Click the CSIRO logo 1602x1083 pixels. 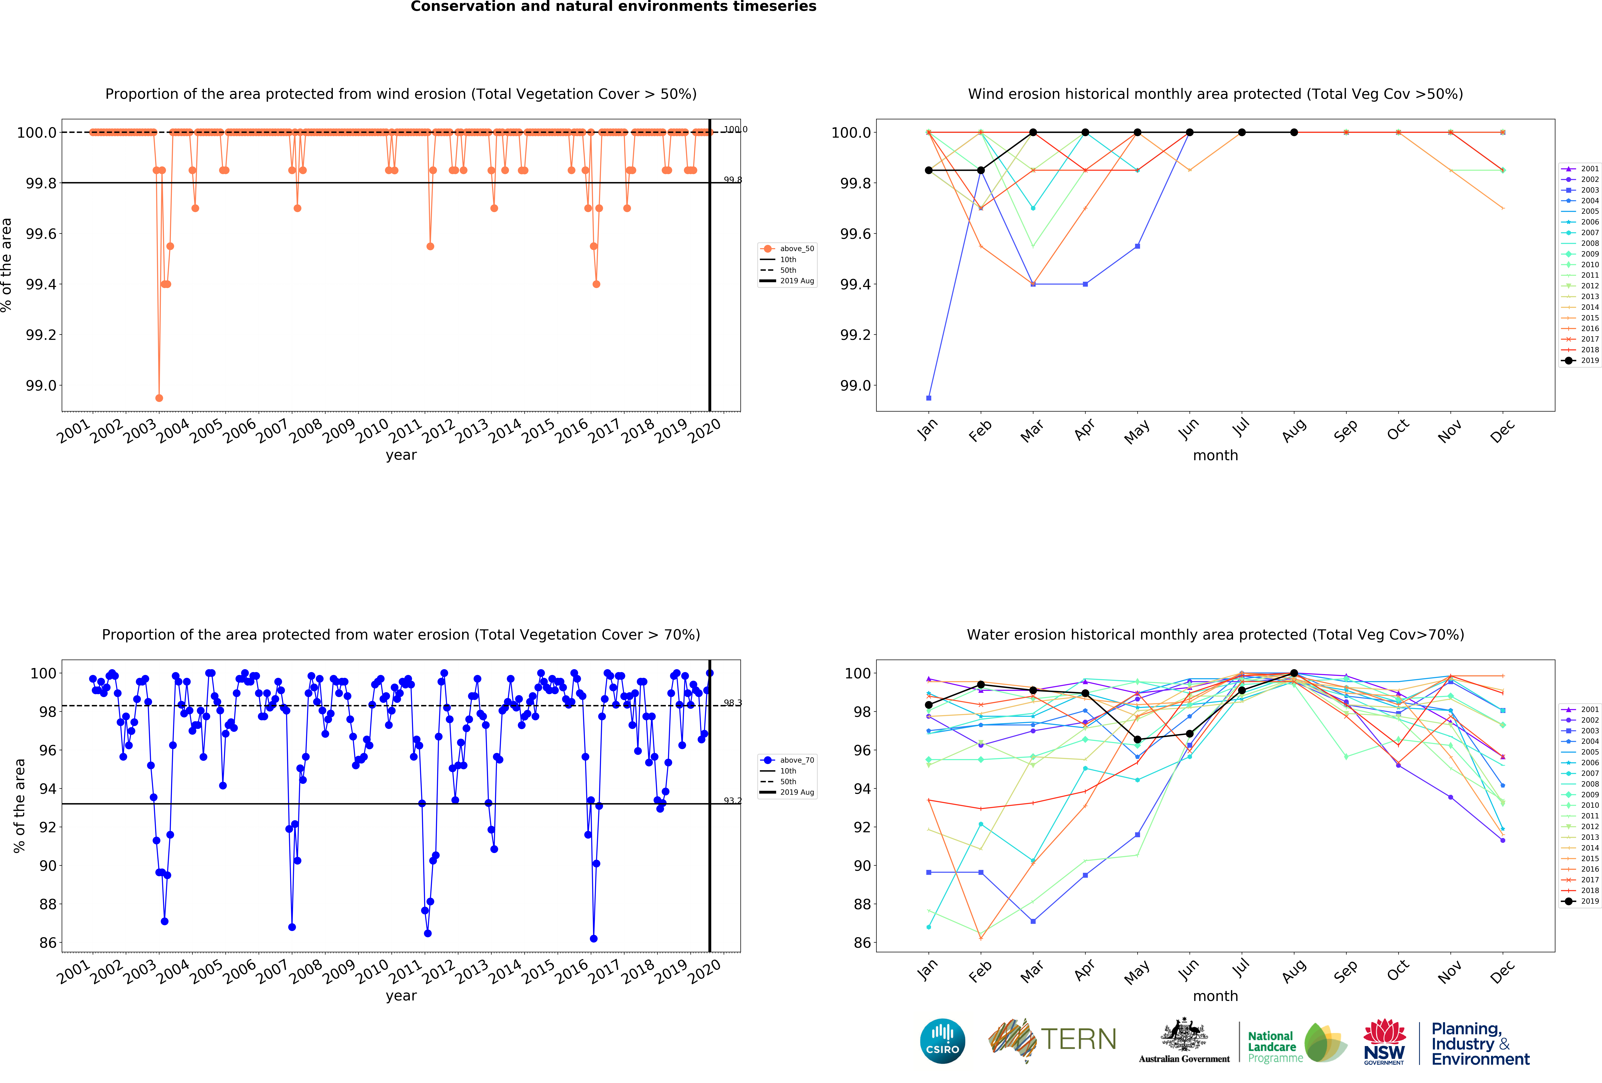942,1041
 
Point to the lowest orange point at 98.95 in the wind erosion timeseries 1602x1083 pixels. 159,398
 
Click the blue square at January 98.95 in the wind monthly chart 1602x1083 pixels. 929,398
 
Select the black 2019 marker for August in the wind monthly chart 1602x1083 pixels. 1294,132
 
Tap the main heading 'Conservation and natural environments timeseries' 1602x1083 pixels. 613,7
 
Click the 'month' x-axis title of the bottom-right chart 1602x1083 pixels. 1215,996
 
